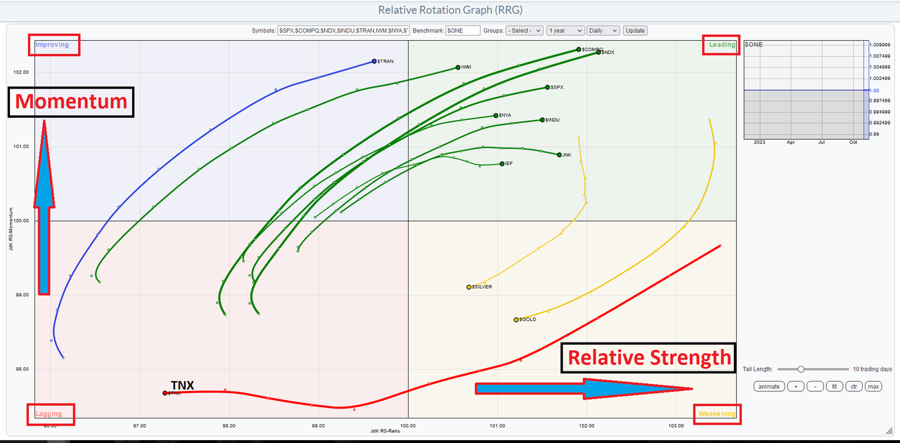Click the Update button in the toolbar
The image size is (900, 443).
[635, 31]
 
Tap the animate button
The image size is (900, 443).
[769, 387]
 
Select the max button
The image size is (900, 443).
[873, 387]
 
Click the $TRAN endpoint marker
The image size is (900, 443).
[374, 62]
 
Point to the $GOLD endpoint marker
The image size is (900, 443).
[516, 319]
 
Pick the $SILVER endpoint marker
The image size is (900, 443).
[469, 287]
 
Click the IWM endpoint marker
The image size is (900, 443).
[458, 67]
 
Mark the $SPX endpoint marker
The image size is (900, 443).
[547, 87]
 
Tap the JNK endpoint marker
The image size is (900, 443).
[559, 154]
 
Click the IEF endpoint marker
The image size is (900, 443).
[502, 164]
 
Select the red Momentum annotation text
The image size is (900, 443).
[71, 102]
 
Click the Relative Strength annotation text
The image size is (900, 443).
[649, 358]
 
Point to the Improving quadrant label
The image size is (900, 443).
[53, 45]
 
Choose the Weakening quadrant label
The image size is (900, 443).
[716, 414]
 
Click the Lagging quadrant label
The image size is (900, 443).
[50, 414]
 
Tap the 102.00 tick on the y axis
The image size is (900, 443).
[21, 72]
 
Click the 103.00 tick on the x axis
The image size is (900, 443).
[676, 426]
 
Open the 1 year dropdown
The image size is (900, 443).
[565, 31]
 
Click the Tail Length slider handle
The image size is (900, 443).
[801, 369]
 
